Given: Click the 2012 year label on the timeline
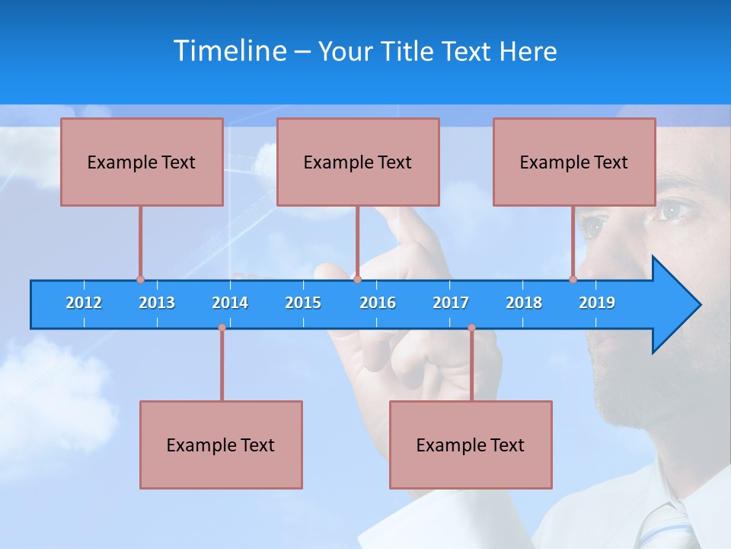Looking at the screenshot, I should point(84,303).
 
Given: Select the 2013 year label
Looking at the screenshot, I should point(157,303).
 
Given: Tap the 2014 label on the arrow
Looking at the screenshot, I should point(230,303).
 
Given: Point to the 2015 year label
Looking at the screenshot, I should point(303,303).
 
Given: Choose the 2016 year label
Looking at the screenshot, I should point(378,303).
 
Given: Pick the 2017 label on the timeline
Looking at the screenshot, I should point(451,303).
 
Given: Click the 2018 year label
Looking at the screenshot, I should point(524,303).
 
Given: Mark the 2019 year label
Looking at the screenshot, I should point(597,303).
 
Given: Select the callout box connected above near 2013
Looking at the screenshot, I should point(142,162).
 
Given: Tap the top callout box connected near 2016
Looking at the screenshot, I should point(358,162).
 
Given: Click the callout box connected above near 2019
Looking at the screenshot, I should point(574,162).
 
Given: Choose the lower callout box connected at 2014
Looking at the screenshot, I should point(221,445).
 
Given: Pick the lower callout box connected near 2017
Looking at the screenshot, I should point(471,445).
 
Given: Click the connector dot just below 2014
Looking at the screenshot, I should point(222,328).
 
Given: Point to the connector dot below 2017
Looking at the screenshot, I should point(471,328).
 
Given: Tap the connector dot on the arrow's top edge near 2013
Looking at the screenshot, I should point(140,279).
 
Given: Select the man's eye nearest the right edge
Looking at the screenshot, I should point(674,210).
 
